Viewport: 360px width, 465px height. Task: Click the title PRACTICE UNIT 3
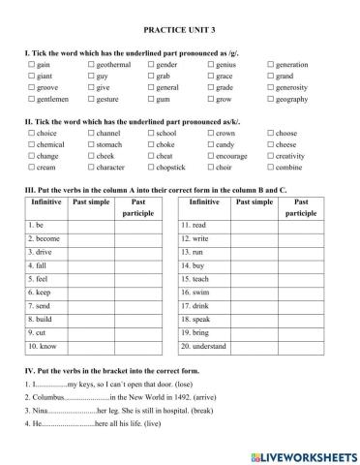coord(179,31)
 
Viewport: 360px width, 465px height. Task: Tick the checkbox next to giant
coord(33,76)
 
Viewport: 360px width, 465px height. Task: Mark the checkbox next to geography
coord(270,99)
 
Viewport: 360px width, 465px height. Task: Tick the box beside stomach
coord(92,144)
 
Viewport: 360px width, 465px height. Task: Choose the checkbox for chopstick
coord(150,168)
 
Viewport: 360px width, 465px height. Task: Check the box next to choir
coord(209,168)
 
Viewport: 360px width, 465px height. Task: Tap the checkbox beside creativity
coord(270,156)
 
